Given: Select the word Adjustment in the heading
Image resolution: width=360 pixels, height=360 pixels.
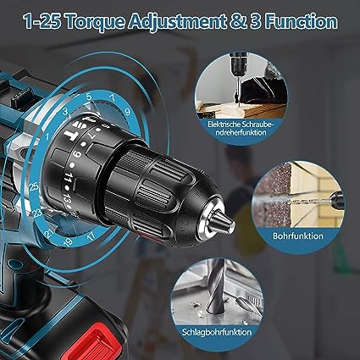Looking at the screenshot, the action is (176, 21).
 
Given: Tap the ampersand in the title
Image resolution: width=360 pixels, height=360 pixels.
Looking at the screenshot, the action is (238, 22).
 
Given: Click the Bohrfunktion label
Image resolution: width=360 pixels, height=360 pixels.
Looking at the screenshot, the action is (298, 235).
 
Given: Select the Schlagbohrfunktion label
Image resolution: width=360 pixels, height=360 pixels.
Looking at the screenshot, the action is (217, 331).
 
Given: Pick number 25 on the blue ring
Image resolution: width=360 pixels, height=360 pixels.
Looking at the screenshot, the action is (34, 186).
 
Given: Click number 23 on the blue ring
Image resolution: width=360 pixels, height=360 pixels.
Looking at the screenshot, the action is (37, 213).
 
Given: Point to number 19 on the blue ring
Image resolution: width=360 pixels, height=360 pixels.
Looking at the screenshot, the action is (68, 242).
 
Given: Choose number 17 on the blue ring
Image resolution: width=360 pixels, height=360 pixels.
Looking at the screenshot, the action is (91, 236).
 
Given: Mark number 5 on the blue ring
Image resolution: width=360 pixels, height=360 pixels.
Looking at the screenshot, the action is (89, 97).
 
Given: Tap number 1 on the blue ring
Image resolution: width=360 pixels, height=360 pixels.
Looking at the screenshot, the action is (47, 137).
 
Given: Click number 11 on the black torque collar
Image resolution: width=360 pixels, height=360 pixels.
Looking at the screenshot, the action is (68, 179).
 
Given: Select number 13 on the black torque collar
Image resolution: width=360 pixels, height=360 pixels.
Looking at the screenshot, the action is (68, 197).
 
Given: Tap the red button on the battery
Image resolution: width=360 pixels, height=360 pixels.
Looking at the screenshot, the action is (92, 344).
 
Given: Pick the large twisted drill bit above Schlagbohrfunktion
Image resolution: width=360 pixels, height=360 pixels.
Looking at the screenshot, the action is (215, 287).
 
